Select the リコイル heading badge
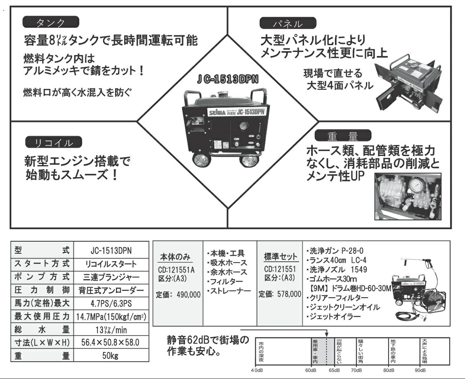[x=54, y=142]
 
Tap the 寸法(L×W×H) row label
[x=42, y=343]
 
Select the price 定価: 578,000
[x=280, y=294]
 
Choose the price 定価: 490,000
[x=178, y=295]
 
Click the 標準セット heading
[x=281, y=257]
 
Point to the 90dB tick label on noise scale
[x=420, y=370]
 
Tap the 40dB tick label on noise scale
[x=257, y=370]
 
